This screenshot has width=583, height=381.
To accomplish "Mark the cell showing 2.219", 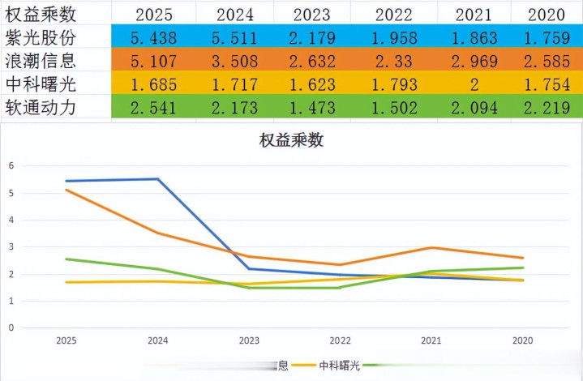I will (546, 107).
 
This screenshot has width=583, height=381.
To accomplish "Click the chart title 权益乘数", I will (291, 140).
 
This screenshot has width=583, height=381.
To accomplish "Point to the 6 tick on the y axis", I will (11, 165).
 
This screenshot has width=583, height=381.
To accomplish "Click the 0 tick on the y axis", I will (11, 328).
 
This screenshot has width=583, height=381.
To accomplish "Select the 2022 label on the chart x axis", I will (340, 342).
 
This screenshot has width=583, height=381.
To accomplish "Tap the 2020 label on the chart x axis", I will (522, 342).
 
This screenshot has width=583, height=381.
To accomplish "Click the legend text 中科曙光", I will (339, 366).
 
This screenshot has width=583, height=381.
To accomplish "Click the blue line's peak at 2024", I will (157, 179).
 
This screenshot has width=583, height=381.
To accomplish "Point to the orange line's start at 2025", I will (66, 190).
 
